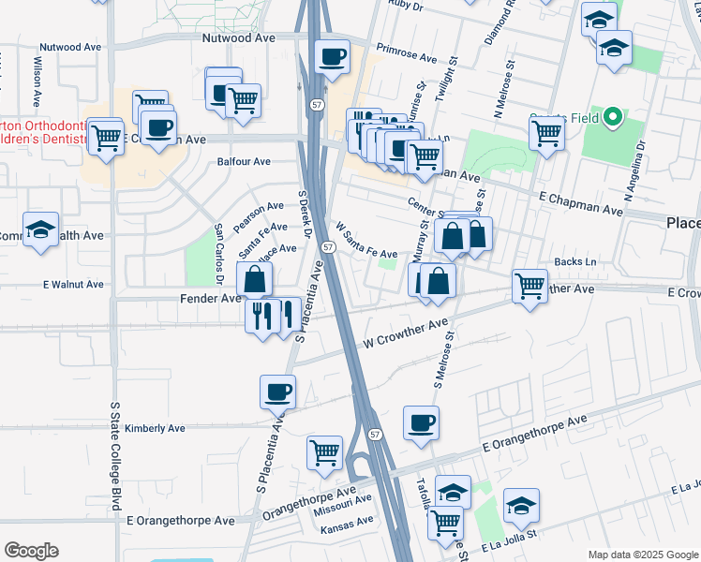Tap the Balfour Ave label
pyautogui.click(x=244, y=161)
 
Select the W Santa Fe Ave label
pyautogui.click(x=366, y=241)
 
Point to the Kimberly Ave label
pyautogui.click(x=155, y=428)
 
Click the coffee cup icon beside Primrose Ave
pyautogui.click(x=332, y=57)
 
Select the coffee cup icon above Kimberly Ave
pyautogui.click(x=276, y=391)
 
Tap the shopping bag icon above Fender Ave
pyautogui.click(x=255, y=278)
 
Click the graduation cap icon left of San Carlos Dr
pyautogui.click(x=41, y=229)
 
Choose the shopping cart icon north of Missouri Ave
pyautogui.click(x=324, y=452)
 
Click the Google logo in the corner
pyautogui.click(x=31, y=551)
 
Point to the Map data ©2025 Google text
pyautogui.click(x=642, y=555)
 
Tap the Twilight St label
pyautogui.click(x=451, y=91)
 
